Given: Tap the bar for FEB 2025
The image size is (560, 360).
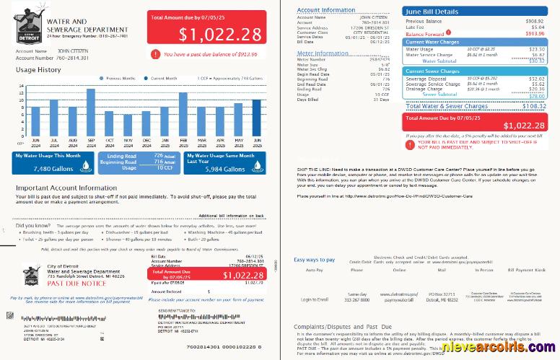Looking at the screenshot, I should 183,113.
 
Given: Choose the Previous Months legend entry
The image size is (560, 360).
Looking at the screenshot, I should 122,77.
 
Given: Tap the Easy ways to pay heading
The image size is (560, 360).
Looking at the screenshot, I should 315,259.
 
